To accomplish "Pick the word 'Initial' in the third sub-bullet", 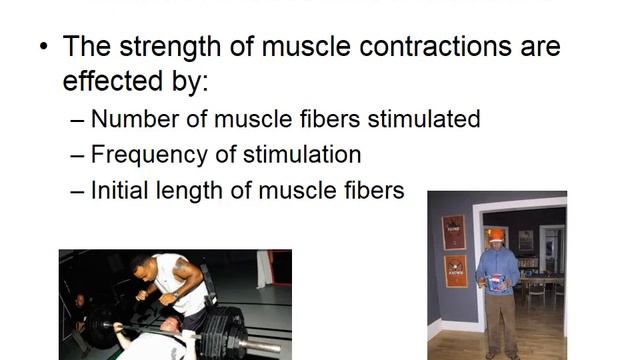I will [x=119, y=189].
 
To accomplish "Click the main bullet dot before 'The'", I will [x=43, y=48].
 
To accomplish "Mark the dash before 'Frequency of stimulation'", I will [x=79, y=155].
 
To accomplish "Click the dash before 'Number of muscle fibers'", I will [x=79, y=120].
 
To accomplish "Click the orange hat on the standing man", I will [x=496, y=235].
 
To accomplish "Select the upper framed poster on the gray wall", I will [x=454, y=232].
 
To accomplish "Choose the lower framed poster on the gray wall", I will [x=455, y=271].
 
